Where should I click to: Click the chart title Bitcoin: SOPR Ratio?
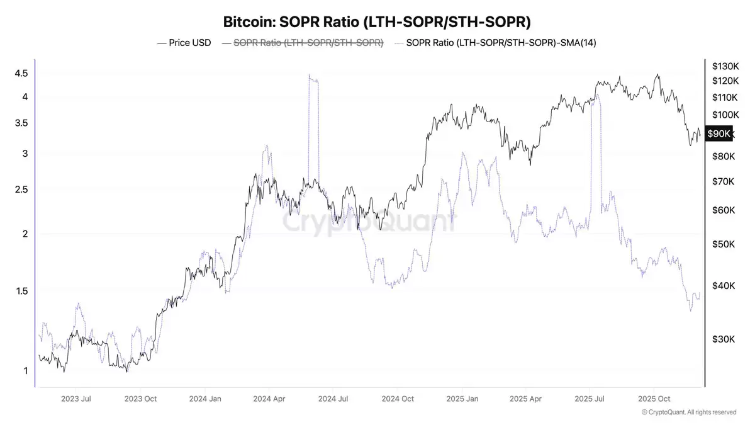377,22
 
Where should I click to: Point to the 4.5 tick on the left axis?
21,73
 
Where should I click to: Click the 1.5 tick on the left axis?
21,291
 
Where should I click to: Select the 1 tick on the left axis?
25,371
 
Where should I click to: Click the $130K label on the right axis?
725,66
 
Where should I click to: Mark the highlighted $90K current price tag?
719,133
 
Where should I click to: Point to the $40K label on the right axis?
723,286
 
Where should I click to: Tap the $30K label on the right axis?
723,339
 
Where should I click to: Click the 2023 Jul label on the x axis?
76,399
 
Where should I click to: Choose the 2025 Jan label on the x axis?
462,399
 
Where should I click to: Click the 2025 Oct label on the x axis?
654,399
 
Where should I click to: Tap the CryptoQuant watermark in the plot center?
368,222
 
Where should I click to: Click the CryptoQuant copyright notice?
689,412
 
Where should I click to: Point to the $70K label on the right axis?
723,182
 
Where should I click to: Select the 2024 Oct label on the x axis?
398,399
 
